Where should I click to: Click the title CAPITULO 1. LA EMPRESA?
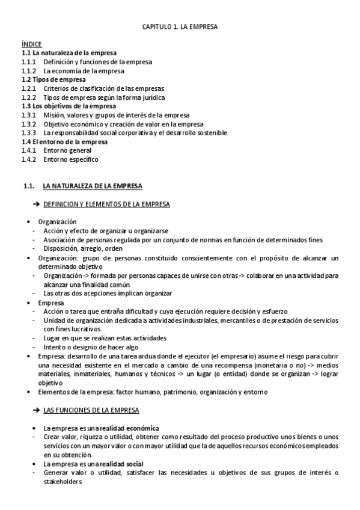click(180, 27)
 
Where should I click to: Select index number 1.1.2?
click(28, 70)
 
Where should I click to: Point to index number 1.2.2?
click(28, 97)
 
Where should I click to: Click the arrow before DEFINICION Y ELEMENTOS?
click(37, 204)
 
